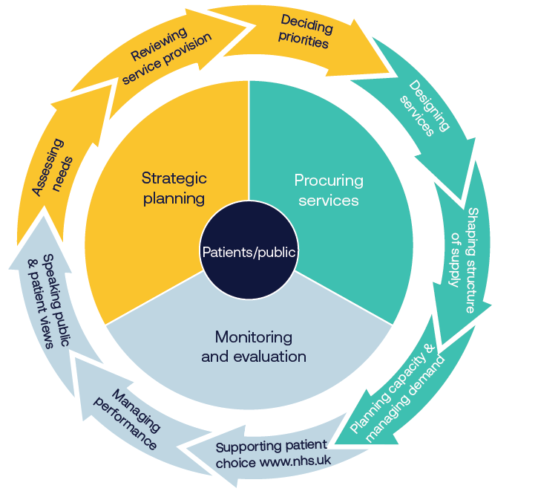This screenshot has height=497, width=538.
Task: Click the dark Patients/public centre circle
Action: click(249, 252)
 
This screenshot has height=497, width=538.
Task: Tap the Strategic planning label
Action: click(174, 188)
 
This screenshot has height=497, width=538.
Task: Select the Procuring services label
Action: click(329, 190)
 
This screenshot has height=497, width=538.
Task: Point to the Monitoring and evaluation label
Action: click(253, 347)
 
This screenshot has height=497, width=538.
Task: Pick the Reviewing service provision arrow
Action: click(167, 56)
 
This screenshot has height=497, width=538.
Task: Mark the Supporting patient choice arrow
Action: click(271, 455)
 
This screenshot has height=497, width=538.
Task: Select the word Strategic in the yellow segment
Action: click(174, 179)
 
